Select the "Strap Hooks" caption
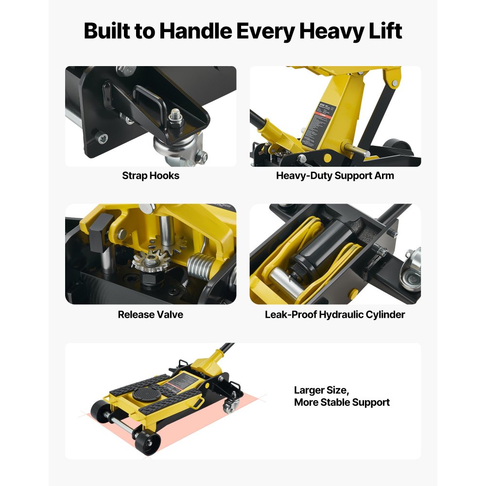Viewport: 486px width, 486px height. [x=151, y=176]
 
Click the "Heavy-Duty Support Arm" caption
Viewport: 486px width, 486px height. [x=335, y=176]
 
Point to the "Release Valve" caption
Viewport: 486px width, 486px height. [x=151, y=314]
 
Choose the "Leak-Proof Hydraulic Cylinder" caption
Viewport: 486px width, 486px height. [x=335, y=314]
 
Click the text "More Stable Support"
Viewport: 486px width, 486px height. [x=342, y=402]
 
